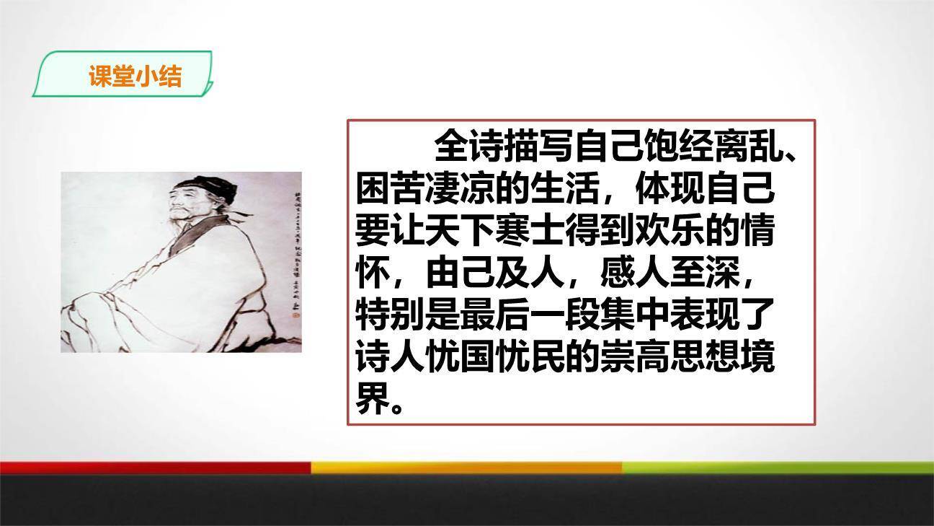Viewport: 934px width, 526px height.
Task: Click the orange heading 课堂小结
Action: click(x=135, y=76)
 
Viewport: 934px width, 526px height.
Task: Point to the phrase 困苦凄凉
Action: click(x=426, y=189)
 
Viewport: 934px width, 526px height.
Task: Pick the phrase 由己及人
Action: click(x=494, y=273)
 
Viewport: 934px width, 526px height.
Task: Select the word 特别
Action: click(x=391, y=315)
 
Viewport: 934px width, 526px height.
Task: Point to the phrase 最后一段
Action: click(x=530, y=315)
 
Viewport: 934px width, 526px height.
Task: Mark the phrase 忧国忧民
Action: click(x=494, y=358)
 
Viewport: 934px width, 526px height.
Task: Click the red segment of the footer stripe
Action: click(x=155, y=468)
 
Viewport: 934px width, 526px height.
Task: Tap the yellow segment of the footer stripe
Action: click(x=466, y=468)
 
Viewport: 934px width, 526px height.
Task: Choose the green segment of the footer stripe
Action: click(x=778, y=468)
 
